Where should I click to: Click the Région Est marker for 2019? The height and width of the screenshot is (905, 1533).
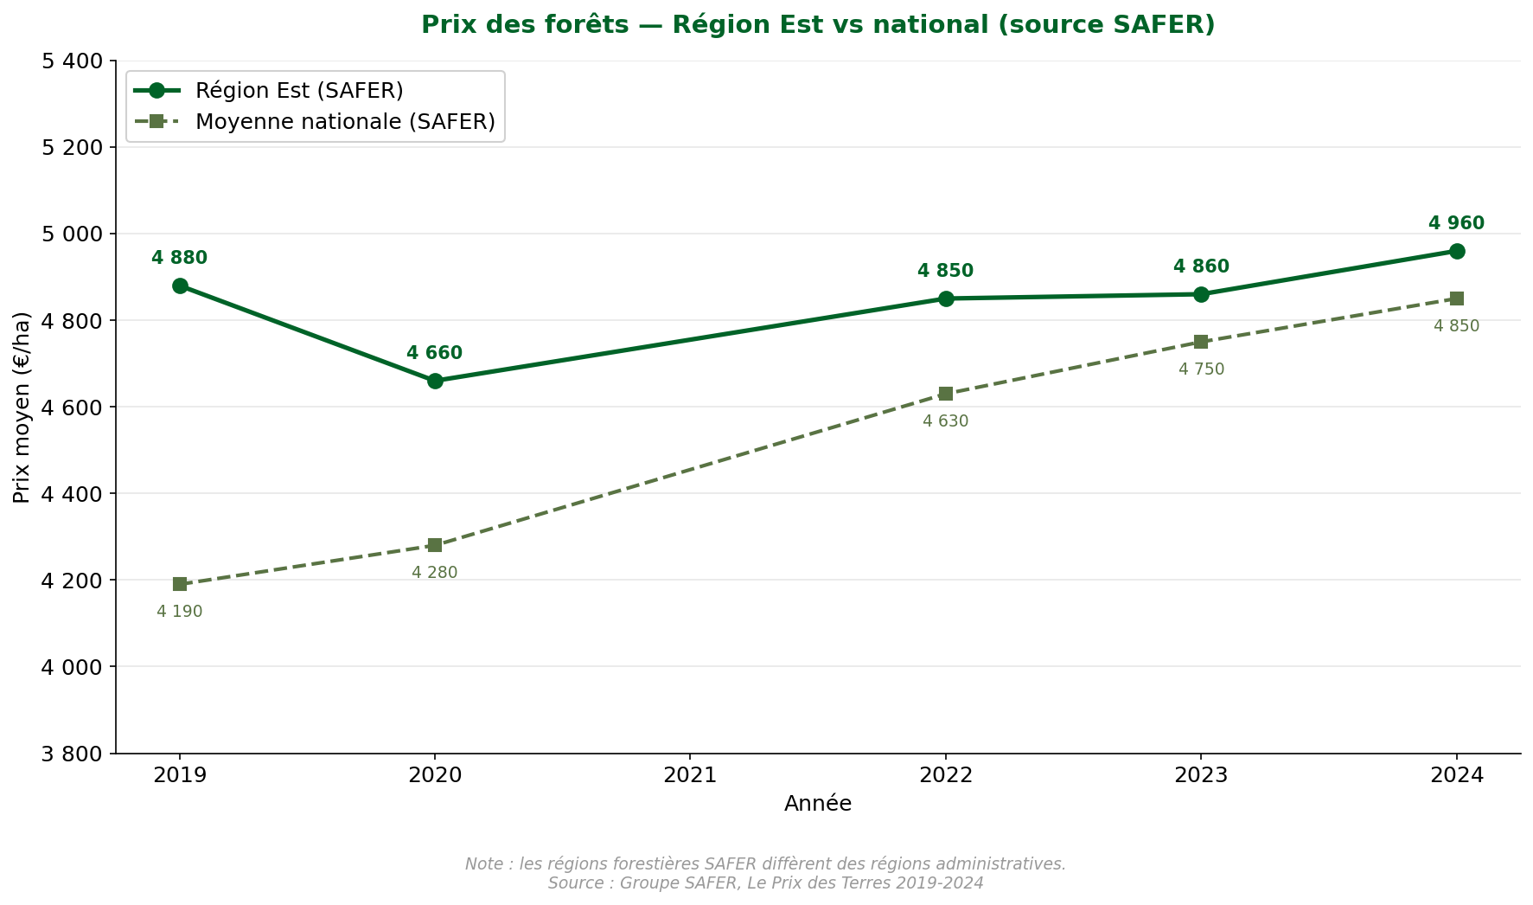[x=180, y=286]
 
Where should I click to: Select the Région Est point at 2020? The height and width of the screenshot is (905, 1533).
[x=435, y=381]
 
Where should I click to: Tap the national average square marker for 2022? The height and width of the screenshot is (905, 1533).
[x=946, y=394]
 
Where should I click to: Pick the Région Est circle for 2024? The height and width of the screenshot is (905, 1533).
[x=1457, y=251]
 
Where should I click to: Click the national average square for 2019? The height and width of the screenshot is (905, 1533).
[x=180, y=584]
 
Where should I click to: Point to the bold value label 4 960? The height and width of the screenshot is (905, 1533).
[x=1456, y=223]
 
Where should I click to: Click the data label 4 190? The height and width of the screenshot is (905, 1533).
[x=180, y=612]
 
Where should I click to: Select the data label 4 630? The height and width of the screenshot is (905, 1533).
[x=946, y=421]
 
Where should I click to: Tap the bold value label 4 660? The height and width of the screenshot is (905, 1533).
[x=435, y=353]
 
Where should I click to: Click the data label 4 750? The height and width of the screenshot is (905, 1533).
[x=1201, y=369]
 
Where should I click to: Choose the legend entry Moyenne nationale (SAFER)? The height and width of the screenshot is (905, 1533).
[x=345, y=122]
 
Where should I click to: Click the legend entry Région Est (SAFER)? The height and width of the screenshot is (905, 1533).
[x=299, y=91]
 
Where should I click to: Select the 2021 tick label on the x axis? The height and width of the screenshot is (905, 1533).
[x=690, y=775]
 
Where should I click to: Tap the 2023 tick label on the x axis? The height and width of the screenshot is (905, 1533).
[x=1201, y=775]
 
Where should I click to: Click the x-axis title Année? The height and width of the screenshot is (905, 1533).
[x=818, y=804]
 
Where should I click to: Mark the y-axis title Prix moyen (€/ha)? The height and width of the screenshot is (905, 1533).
[x=22, y=407]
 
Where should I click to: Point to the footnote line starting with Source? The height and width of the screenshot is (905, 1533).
[x=765, y=883]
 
